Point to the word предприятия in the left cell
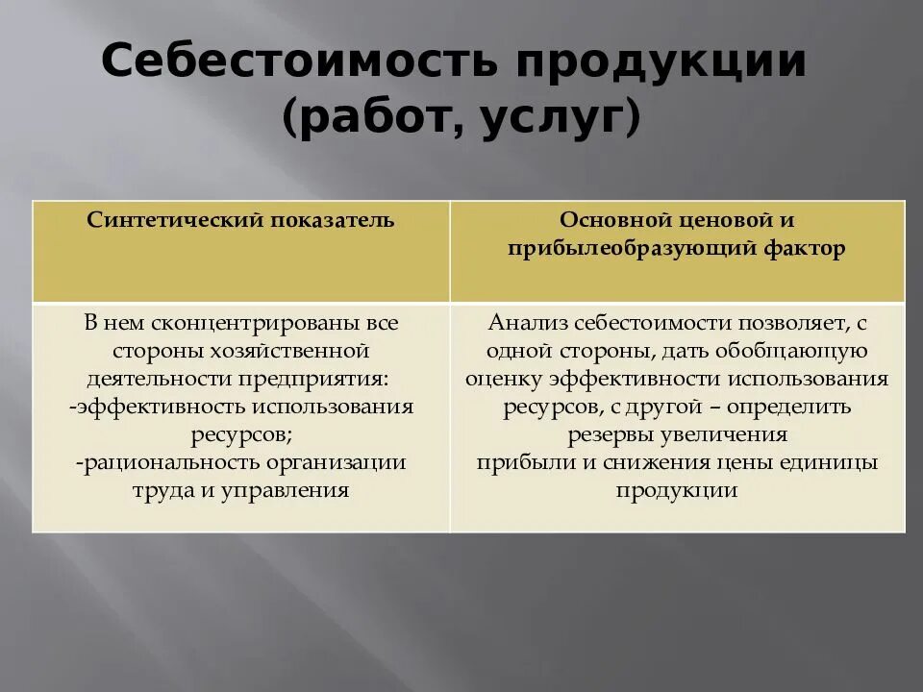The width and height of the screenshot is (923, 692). point(325,379)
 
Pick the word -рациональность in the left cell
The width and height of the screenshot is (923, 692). point(157,462)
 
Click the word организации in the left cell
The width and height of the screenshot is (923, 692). point(350,462)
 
